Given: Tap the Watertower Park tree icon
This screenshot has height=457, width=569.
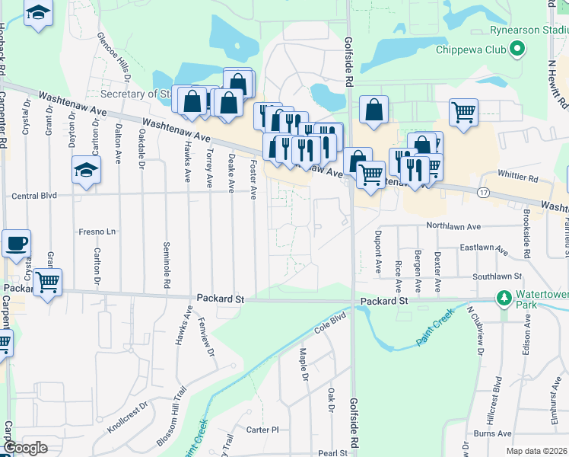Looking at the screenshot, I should [x=503, y=296].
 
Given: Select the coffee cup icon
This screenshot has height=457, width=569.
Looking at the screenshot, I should [x=16, y=243].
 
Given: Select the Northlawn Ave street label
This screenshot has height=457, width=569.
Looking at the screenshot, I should [x=453, y=226].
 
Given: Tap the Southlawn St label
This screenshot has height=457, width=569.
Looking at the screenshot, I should [x=497, y=276].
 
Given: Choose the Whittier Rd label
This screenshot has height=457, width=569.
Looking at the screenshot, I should [x=518, y=179].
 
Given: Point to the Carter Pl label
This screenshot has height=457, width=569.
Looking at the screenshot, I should [x=263, y=430].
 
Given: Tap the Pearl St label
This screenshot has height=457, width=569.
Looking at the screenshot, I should [x=332, y=452].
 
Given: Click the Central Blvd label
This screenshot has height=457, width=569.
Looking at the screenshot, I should [x=35, y=196].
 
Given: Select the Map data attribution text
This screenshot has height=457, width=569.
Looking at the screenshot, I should [x=536, y=451].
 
